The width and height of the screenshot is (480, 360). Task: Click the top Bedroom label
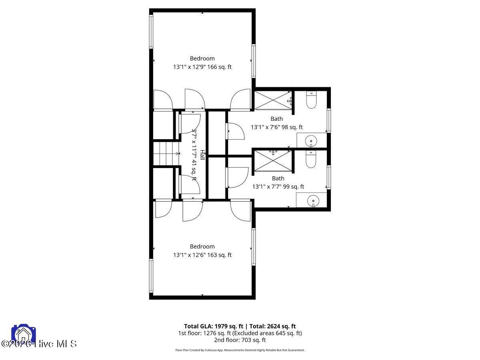pos(202,58)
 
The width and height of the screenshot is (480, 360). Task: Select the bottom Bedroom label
pos(202,246)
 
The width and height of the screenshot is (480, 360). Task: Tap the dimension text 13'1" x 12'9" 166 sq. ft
pos(202,67)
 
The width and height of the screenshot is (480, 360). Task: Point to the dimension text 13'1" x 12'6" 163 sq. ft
pos(202,255)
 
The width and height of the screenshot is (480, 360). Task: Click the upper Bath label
pos(276,119)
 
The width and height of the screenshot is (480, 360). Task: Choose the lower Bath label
pos(278,178)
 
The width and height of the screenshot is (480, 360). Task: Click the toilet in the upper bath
pos(311,100)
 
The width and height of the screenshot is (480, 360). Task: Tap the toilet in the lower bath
pos(311,159)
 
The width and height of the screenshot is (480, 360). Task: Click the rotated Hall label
pos(202,155)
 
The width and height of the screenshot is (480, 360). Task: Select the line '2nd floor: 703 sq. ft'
pos(240,340)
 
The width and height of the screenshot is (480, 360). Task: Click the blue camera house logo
pos(24,335)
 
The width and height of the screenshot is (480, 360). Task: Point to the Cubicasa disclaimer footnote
pos(240,350)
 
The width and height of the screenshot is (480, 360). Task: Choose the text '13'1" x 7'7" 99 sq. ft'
pos(278,187)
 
